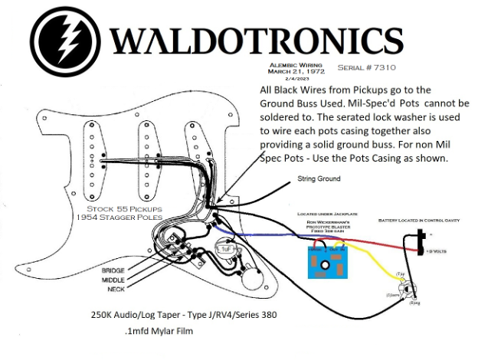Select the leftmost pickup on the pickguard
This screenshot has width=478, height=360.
(x=96, y=152)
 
